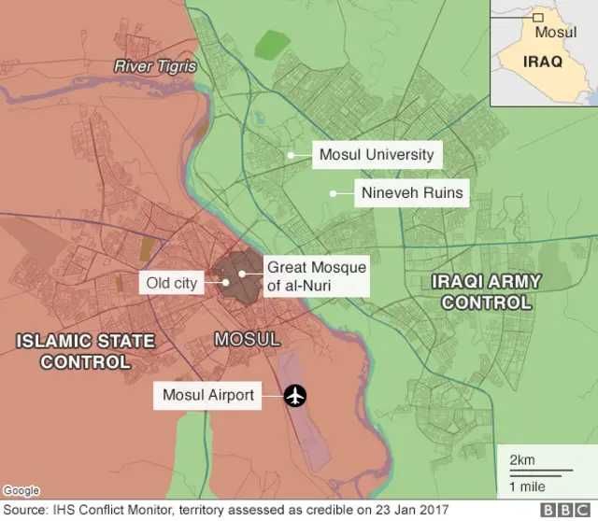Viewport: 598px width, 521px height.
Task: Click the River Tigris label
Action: coord(155,66)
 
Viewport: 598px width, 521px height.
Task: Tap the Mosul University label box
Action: coord(377,154)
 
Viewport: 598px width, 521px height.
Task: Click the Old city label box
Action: coord(173,282)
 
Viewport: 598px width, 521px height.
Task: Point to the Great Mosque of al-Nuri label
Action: coord(316,276)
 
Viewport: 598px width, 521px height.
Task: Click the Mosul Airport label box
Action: coord(208,395)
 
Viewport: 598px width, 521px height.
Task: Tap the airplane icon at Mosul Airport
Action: coord(296,396)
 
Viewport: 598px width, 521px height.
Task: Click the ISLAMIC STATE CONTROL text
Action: coord(85,351)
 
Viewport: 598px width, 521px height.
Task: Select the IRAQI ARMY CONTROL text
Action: coord(486,290)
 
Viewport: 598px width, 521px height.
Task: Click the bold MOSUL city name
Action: coord(247,339)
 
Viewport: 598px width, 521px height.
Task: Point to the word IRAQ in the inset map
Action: coord(542,63)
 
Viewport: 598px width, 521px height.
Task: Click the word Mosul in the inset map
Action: coord(555,32)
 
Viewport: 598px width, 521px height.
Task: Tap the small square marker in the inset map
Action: coord(537,17)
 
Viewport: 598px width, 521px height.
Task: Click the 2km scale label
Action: coord(522,460)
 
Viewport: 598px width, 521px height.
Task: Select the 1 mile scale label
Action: coord(528,486)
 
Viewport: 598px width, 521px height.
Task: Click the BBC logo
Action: coord(563,511)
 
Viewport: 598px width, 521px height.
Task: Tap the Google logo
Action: coord(21,490)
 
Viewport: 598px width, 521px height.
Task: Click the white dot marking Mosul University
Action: coord(292,155)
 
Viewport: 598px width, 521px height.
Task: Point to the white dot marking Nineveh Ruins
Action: coord(332,194)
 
